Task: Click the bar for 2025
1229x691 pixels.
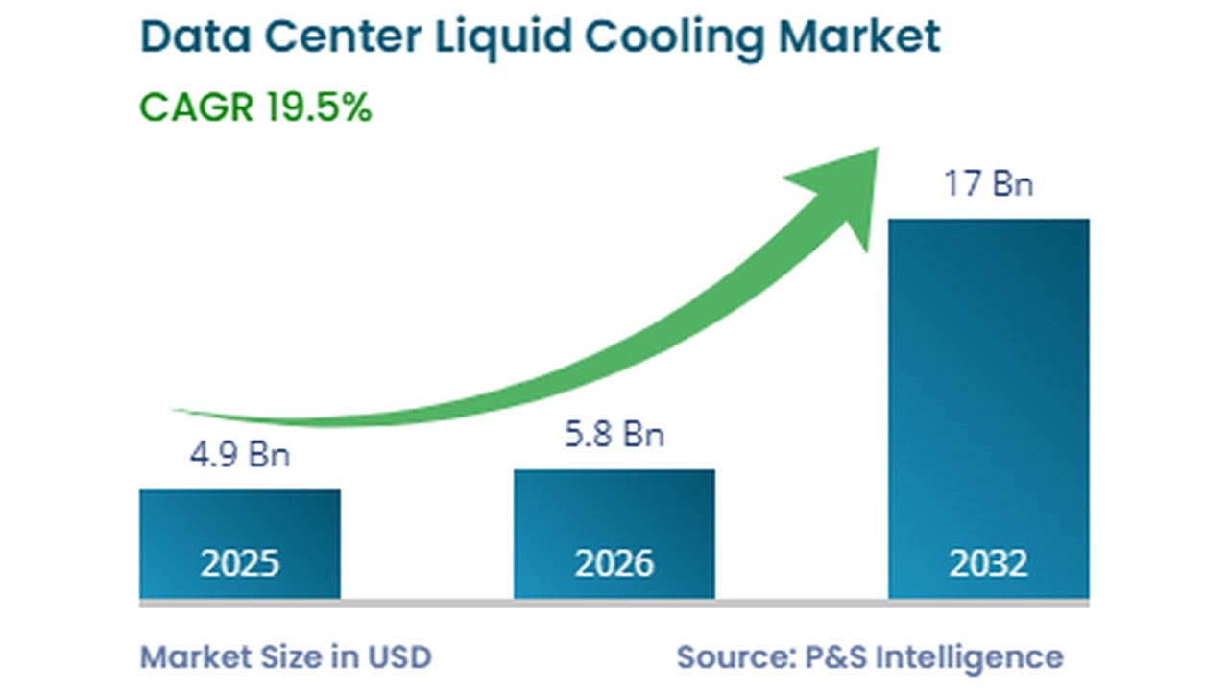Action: coord(239,523)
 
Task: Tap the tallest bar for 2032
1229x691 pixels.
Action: coord(988,384)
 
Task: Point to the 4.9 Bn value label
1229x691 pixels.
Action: coord(239,454)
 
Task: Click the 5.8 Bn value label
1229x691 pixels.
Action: coord(614,434)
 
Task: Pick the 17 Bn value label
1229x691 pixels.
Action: coord(988,182)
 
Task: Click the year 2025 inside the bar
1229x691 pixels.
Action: coord(239,563)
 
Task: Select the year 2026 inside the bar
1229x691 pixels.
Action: coord(614,563)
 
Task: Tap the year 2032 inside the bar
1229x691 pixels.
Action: coord(988,563)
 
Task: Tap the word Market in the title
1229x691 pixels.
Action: coord(859,36)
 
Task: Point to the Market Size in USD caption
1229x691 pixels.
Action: coord(286,656)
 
